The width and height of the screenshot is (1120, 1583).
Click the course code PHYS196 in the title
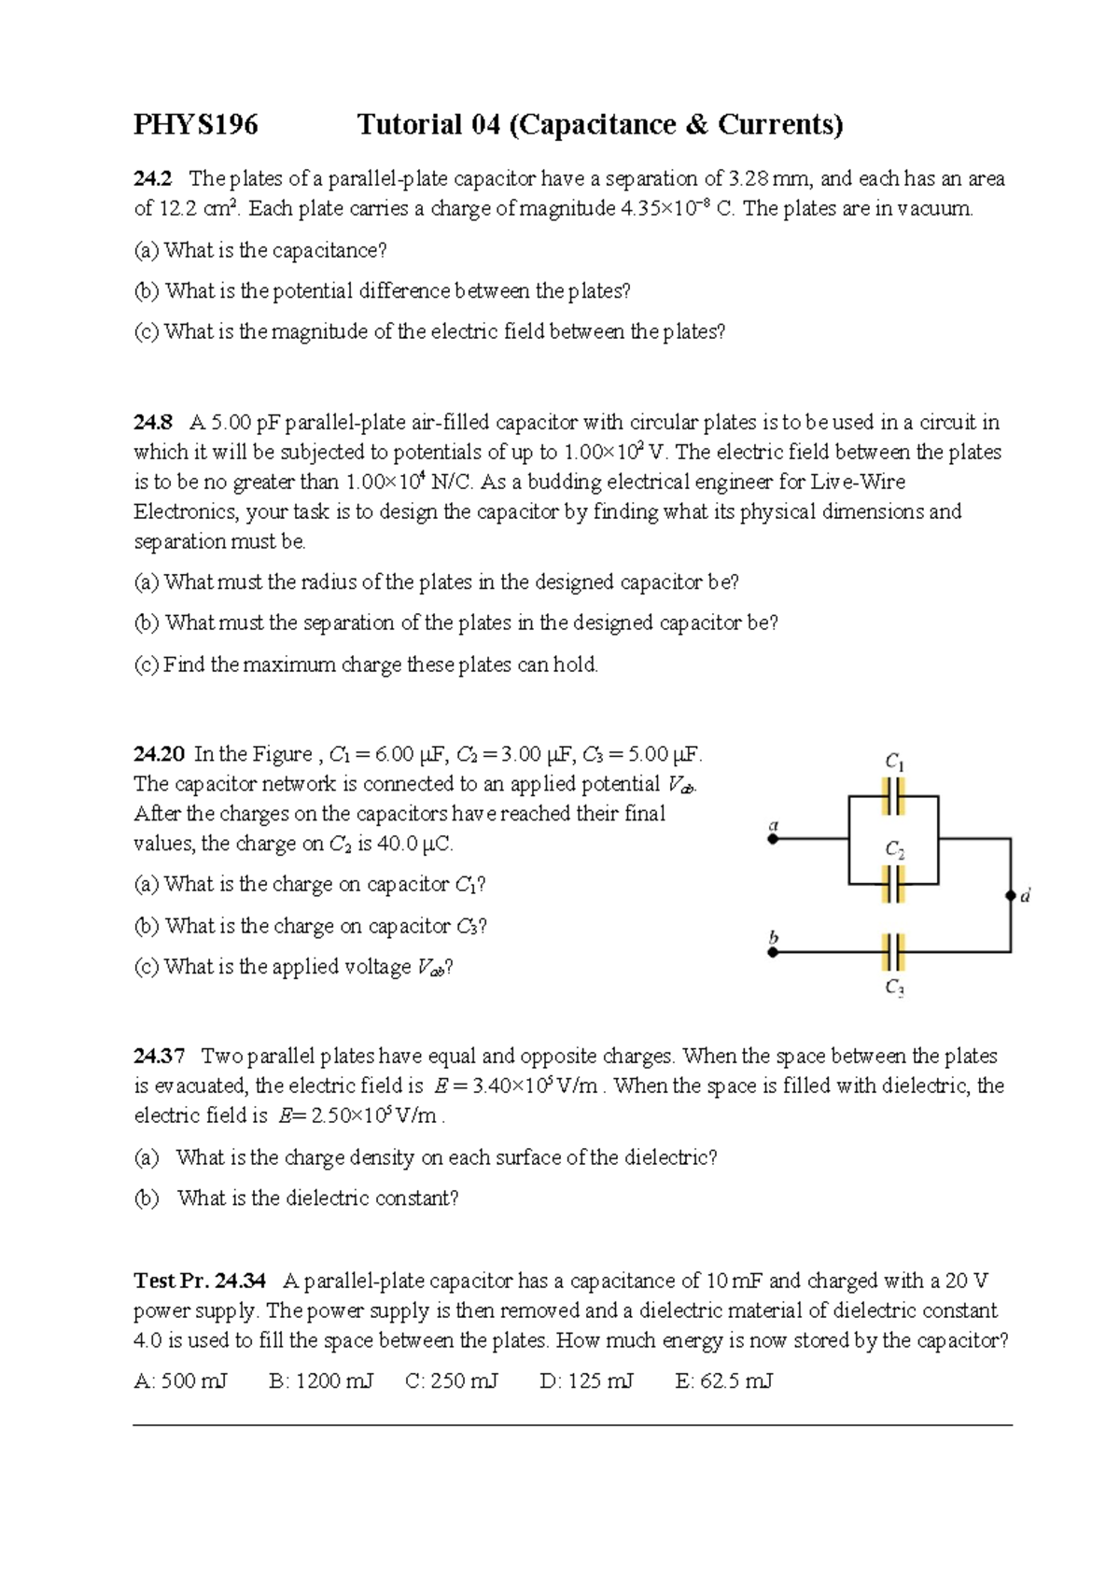(195, 125)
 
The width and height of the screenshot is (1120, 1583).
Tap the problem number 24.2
(152, 178)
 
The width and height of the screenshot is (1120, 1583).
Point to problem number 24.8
(153, 422)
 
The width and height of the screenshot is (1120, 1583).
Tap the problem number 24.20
(159, 753)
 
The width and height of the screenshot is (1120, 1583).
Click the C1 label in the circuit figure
(894, 762)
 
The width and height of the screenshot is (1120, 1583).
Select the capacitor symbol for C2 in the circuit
(893, 883)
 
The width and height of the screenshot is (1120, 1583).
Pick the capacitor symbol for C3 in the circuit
(893, 952)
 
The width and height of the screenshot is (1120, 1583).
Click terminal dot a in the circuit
(773, 839)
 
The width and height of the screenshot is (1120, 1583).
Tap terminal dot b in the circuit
(773, 952)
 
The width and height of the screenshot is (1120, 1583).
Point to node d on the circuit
(1010, 895)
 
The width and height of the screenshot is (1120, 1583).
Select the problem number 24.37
(159, 1056)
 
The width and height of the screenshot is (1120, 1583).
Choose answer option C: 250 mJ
(452, 1380)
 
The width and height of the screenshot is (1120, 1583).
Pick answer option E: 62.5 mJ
(723, 1380)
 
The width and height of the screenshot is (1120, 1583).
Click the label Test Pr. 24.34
(200, 1281)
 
